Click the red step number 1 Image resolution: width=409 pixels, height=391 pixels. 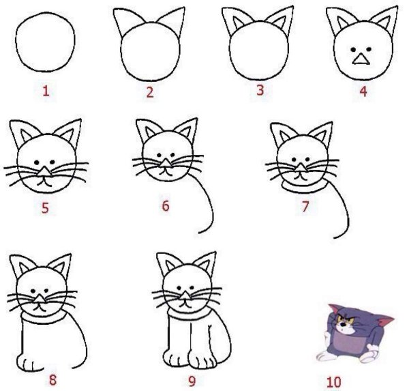(46, 91)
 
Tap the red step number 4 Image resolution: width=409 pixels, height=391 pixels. (363, 91)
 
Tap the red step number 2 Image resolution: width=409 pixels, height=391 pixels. (150, 91)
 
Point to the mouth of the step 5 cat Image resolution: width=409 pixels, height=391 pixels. (44, 182)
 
